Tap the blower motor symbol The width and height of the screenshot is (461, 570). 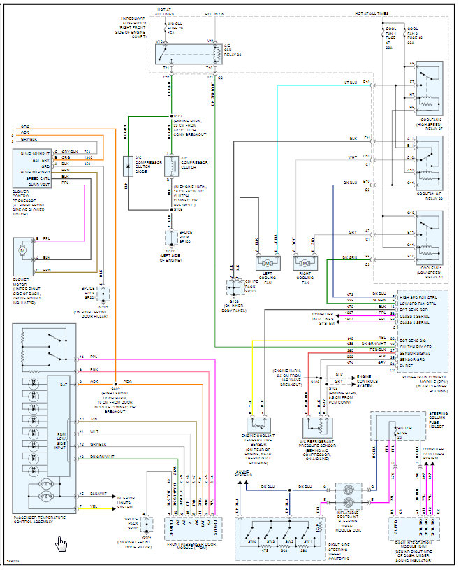pyautogui.click(x=22, y=250)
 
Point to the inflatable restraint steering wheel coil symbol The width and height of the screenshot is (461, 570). pyautogui.click(x=348, y=498)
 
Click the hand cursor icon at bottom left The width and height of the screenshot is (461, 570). pyautogui.click(x=61, y=543)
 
